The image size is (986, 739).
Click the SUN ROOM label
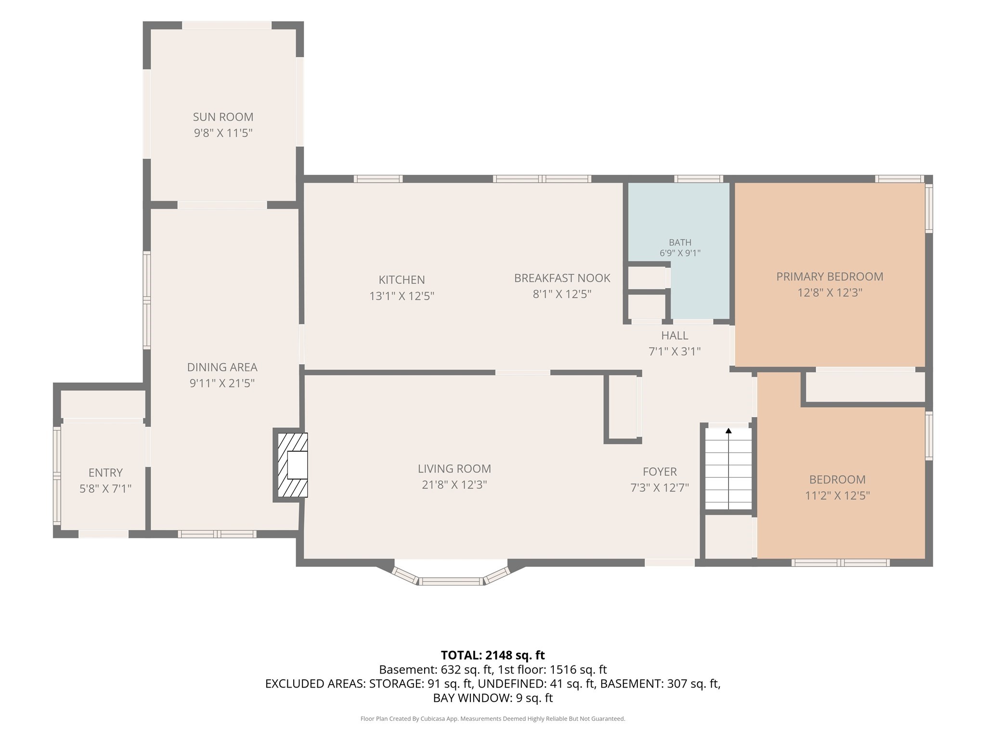coord(223,117)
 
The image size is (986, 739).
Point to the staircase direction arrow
coord(728,468)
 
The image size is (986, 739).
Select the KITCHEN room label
coord(402,280)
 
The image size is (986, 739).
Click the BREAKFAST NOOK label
coord(562,278)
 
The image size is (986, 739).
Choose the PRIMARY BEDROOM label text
coord(830,277)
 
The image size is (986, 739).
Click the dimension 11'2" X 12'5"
coord(837,496)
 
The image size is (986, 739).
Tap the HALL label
coord(675,335)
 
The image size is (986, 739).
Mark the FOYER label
coord(660,471)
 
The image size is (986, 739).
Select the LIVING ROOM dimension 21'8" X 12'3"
coord(454,484)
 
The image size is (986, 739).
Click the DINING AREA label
coord(222,367)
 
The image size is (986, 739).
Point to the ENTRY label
coord(105,472)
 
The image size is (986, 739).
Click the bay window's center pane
coord(451,582)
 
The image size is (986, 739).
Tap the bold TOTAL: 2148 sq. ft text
coord(493,655)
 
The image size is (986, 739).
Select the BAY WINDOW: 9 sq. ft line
coord(493,698)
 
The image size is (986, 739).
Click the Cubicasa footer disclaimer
coord(493,719)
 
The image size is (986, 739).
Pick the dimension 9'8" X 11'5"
coord(223,133)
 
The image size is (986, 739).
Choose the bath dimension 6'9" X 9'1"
coord(680,253)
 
